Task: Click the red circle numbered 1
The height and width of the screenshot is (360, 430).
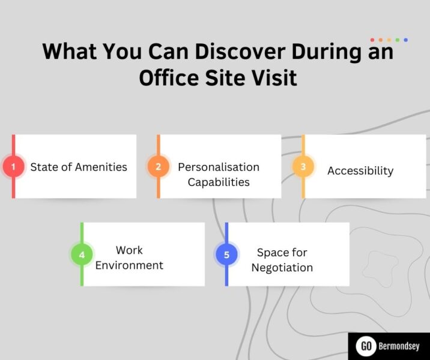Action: tap(13, 166)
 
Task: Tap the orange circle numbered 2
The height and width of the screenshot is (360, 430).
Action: tap(158, 166)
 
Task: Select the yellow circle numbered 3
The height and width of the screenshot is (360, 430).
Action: tap(303, 166)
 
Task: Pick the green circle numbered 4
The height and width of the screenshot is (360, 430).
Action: tap(82, 254)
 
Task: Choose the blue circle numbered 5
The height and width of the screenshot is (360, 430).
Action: tap(226, 254)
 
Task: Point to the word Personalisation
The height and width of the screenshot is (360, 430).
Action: tap(219, 167)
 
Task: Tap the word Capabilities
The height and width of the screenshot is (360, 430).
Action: tap(219, 181)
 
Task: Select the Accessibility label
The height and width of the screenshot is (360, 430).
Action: tap(360, 170)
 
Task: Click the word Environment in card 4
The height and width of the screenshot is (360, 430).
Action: tap(129, 265)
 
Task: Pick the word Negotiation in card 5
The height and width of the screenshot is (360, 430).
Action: tap(282, 268)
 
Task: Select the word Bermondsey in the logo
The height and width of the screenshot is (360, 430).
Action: tap(399, 347)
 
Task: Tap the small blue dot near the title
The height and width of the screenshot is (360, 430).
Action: tap(406, 40)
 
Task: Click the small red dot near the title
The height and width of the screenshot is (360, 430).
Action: tap(372, 40)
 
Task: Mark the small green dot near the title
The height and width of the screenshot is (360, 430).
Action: tap(398, 40)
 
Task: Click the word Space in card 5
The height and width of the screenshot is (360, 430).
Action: tap(273, 253)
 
